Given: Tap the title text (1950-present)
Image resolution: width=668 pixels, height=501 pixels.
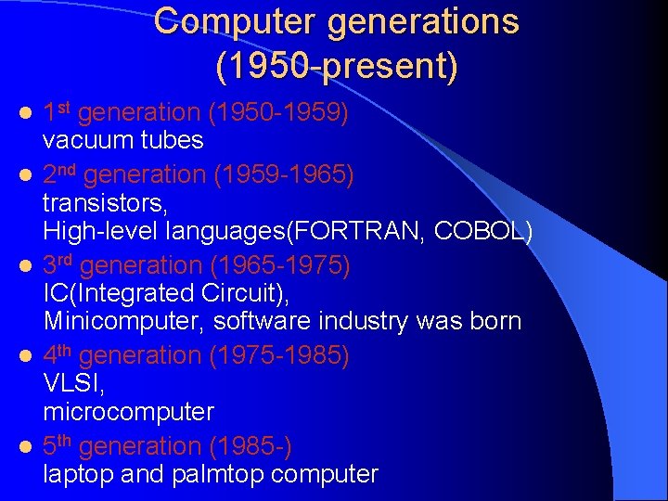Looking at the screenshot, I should (336, 66).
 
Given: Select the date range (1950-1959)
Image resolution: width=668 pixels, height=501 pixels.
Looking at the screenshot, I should (278, 113).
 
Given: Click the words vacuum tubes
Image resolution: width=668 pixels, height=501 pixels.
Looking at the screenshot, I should (122, 141).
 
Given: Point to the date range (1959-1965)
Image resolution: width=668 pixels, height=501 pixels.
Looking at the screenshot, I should (284, 173).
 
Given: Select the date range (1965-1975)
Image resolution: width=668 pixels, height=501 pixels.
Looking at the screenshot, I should (281, 264).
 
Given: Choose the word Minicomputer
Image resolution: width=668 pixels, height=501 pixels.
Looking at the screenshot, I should (124, 322).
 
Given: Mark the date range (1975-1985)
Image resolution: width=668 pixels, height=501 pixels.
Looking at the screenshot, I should (279, 354).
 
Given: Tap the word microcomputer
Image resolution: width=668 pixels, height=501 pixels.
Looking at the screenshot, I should (128, 412).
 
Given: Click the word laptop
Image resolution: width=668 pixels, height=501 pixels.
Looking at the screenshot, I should (73, 475).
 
